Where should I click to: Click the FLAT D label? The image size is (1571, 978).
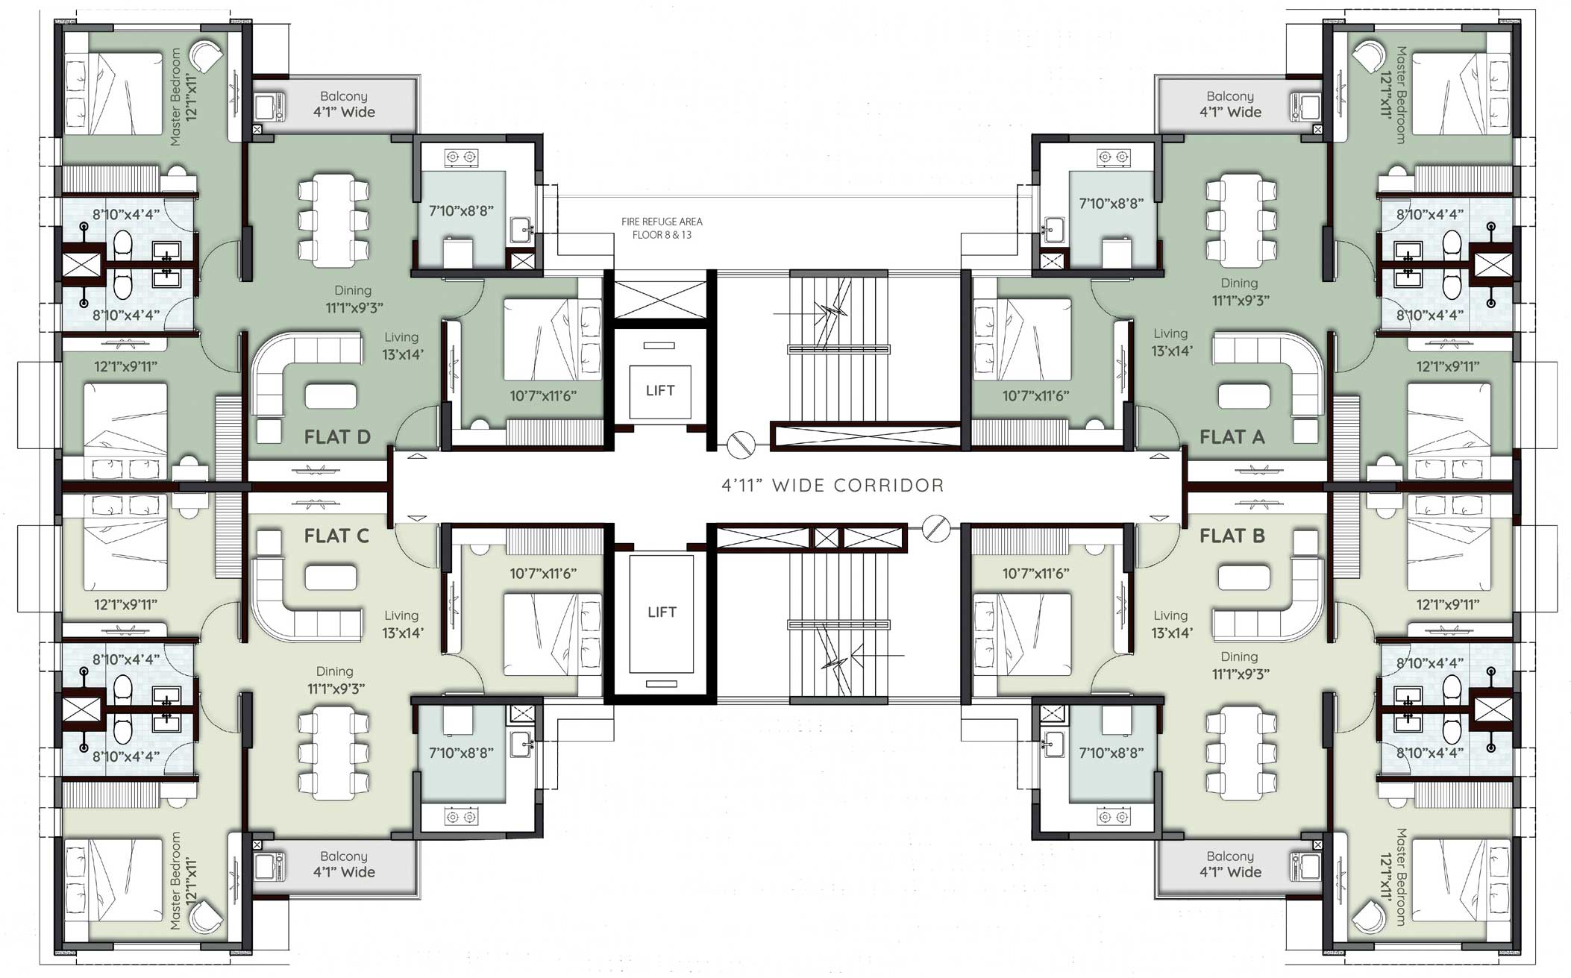click(x=337, y=437)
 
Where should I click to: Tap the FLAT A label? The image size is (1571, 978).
click(x=1232, y=437)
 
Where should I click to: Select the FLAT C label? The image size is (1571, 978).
click(x=336, y=536)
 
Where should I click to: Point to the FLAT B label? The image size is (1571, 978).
click(x=1232, y=536)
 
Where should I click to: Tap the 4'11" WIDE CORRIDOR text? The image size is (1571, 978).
click(x=832, y=486)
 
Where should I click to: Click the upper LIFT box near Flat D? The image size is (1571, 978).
click(x=660, y=391)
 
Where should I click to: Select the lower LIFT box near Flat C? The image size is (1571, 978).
click(x=662, y=612)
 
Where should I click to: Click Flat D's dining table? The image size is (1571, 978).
click(x=333, y=220)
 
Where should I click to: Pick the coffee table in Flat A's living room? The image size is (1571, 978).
click(x=1244, y=395)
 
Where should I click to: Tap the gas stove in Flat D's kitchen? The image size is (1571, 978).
click(x=461, y=157)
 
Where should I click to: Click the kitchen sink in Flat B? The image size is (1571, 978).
click(x=1053, y=743)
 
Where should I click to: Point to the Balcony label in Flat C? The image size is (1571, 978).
click(x=344, y=856)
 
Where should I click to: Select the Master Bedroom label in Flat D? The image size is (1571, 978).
click(x=176, y=97)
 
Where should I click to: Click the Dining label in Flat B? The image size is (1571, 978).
click(x=1239, y=656)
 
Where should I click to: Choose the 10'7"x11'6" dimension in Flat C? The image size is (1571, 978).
click(x=543, y=574)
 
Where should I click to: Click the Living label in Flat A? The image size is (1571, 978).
click(x=1170, y=333)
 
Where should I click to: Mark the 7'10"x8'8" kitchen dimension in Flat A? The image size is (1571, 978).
click(x=1111, y=203)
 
